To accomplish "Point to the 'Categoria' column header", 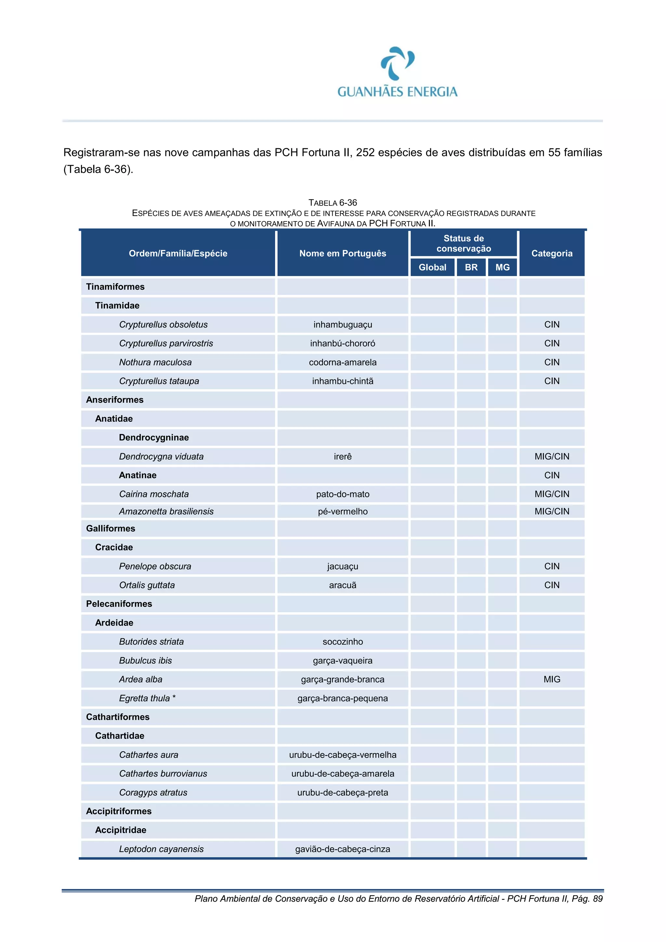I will (552, 253).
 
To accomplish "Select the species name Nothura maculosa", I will (155, 362).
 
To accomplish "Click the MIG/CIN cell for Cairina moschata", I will (552, 494).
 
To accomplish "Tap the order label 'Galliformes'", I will (110, 528).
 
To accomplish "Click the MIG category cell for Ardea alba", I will (552, 679).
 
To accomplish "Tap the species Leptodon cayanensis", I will (161, 849).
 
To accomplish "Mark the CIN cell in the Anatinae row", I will (552, 475).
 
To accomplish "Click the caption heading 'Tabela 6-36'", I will (332, 203).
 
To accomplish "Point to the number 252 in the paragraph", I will (365, 153).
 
